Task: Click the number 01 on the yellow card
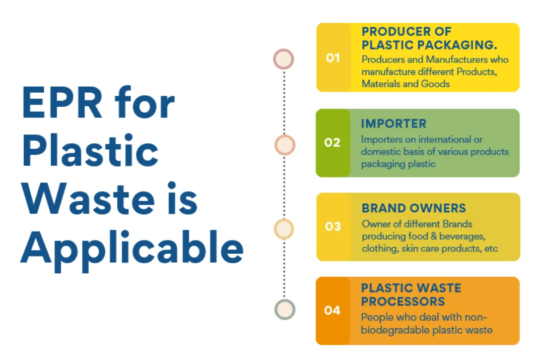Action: point(333,58)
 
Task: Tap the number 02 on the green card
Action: point(332,142)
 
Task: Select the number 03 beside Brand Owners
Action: point(333,227)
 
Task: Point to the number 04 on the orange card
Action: point(332,310)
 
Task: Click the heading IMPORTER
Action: point(394,123)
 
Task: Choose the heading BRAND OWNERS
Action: point(413,208)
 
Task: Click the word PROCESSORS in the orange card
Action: point(403,301)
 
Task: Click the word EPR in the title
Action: point(62,102)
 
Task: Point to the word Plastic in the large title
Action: point(90,150)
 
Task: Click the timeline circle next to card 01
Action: point(283,59)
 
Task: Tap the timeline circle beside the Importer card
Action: point(284,145)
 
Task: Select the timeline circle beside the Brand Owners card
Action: point(284,229)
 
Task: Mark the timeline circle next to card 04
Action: point(285,309)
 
